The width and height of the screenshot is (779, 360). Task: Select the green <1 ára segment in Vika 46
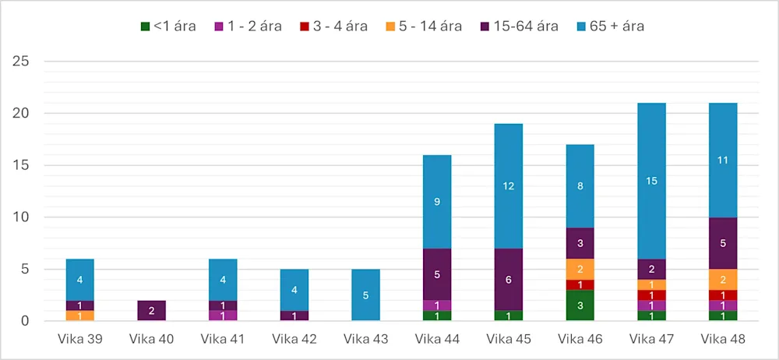coord(580,305)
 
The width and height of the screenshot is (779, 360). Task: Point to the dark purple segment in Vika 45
coord(509,280)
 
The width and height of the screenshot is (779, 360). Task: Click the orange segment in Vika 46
coord(580,269)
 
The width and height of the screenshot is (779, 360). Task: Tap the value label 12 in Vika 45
coord(509,186)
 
